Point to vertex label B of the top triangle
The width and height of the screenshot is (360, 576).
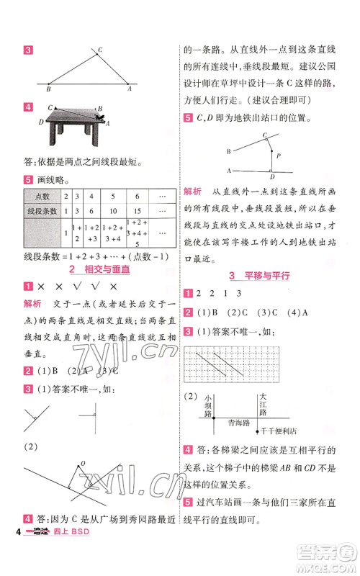pyautogui.click(x=48, y=89)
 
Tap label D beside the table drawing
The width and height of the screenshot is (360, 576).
pyautogui.click(x=41, y=122)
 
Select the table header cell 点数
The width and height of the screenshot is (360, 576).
pyautogui.click(x=41, y=195)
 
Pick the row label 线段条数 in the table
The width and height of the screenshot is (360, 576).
pyautogui.click(x=41, y=210)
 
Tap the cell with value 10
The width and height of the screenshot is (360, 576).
pyautogui.click(x=112, y=210)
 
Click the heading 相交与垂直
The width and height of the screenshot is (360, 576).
pyautogui.click(x=108, y=269)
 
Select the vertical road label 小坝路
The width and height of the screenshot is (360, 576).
pyautogui.click(x=208, y=405)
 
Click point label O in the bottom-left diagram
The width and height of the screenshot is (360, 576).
pyautogui.click(x=83, y=463)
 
